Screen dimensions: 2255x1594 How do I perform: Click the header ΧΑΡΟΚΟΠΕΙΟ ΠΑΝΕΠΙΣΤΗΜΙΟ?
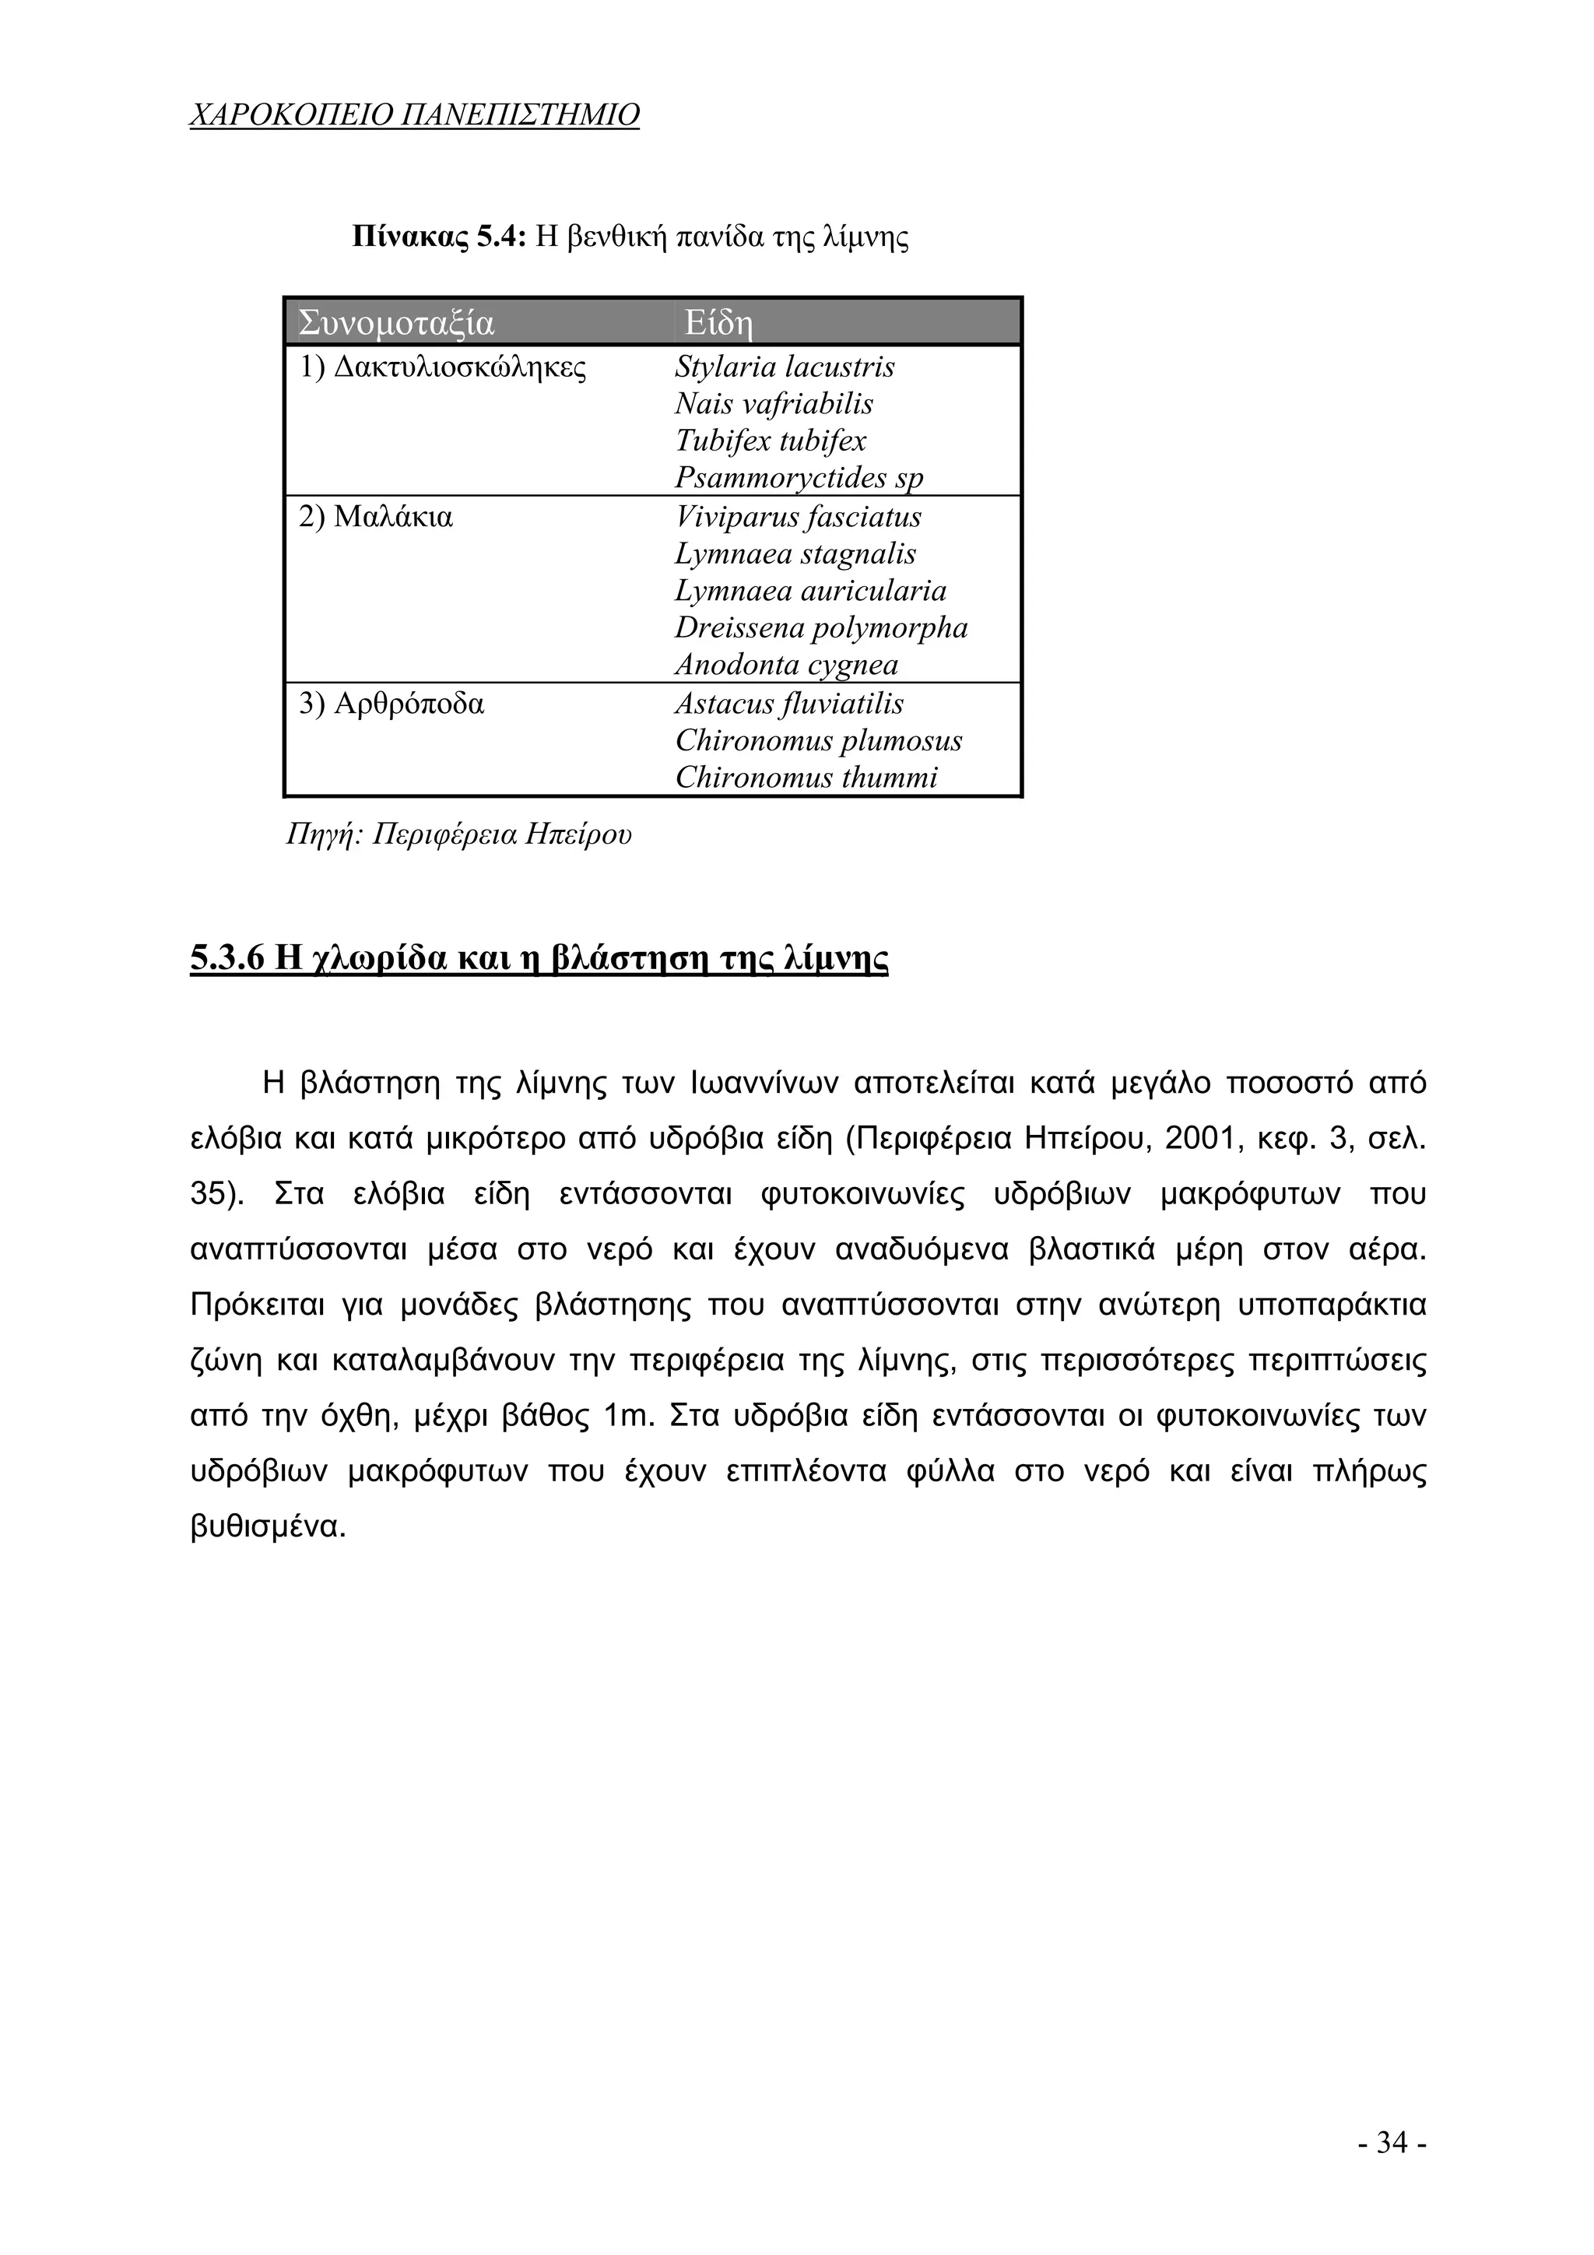[413, 116]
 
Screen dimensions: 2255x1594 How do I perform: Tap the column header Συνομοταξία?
[396, 322]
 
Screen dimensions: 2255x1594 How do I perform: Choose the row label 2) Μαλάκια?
[376, 517]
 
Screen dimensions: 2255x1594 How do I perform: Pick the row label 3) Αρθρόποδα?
[391, 704]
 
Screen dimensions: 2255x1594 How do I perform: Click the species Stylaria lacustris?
[784, 367]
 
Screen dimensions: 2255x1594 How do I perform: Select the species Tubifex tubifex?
[770, 441]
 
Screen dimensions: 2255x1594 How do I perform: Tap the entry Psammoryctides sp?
[799, 477]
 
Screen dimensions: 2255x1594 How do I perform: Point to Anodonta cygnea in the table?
[785, 665]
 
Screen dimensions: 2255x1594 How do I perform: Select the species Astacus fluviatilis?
[788, 704]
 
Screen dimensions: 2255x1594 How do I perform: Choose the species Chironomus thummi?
[806, 778]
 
